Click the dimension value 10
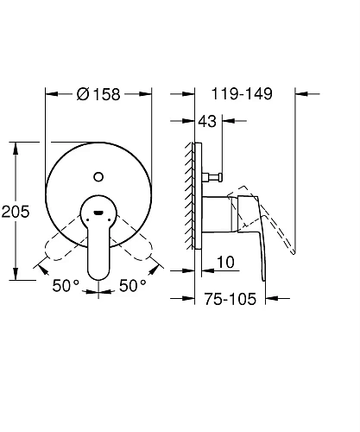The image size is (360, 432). [226, 261]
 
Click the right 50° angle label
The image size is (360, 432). [134, 284]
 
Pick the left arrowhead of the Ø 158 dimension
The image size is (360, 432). [48, 92]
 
